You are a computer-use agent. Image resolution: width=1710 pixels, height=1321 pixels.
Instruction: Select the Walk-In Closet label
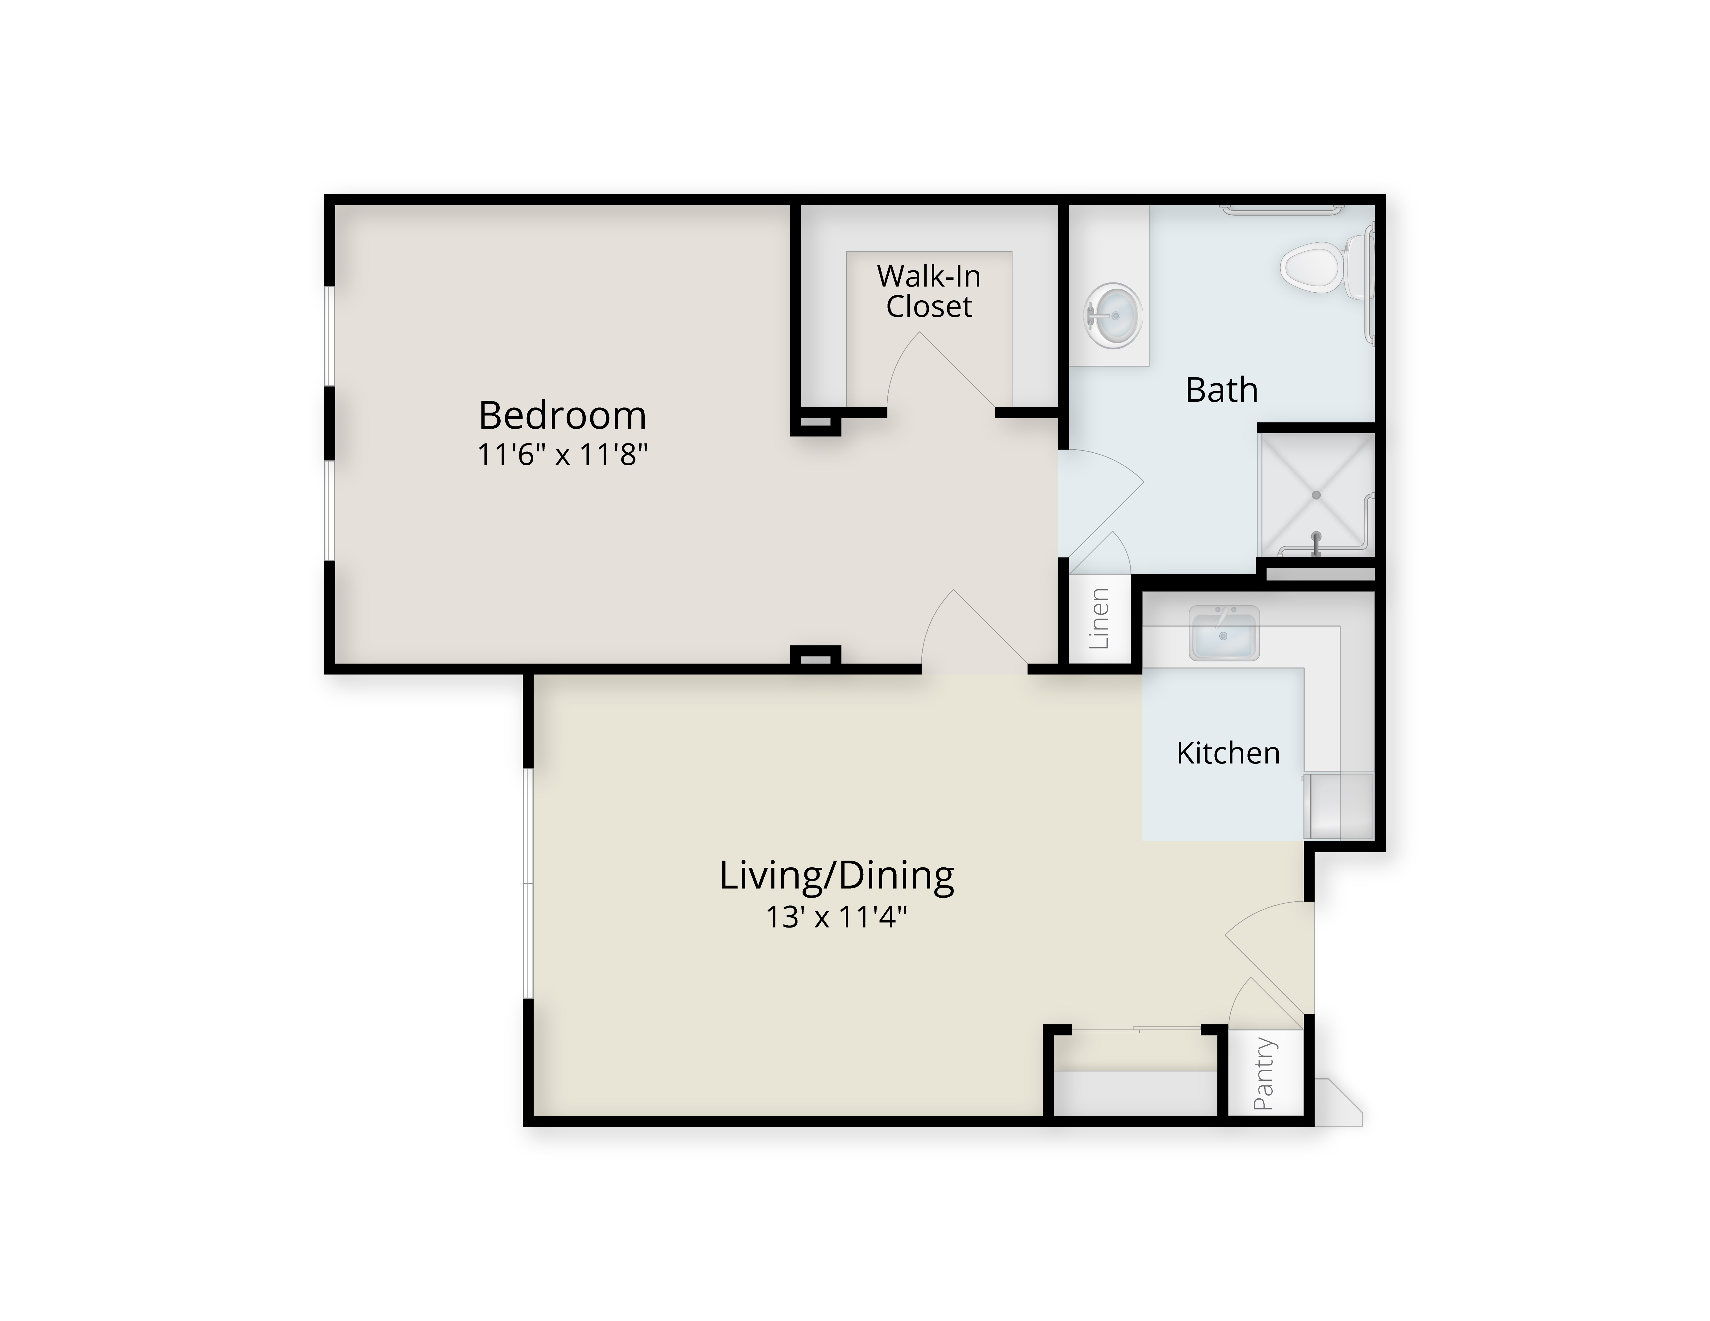pyautogui.click(x=929, y=291)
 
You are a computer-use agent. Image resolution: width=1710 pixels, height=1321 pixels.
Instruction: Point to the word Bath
pyautogui.click(x=1221, y=390)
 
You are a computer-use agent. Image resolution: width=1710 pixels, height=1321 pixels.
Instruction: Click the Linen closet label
pyautogui.click(x=1099, y=618)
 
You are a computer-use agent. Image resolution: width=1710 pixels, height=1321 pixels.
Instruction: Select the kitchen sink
pyautogui.click(x=1224, y=632)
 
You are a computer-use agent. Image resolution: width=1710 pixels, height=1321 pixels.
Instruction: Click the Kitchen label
pyautogui.click(x=1228, y=753)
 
